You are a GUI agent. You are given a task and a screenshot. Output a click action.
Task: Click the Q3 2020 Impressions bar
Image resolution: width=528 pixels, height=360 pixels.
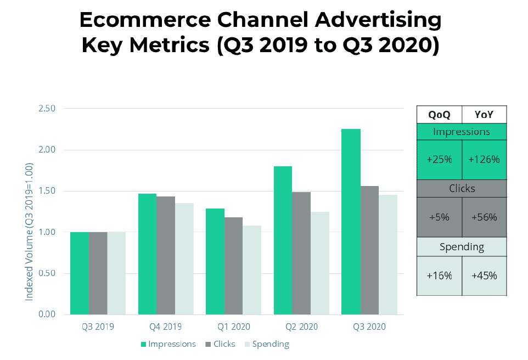coord(350,222)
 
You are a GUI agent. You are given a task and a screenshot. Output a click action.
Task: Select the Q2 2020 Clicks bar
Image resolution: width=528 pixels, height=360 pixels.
coord(301,253)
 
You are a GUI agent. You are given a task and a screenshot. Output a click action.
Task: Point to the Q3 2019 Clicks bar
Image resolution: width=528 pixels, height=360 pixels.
coord(98,273)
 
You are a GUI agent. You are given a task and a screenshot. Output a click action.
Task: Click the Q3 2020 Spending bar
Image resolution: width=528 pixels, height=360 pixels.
coord(387,255)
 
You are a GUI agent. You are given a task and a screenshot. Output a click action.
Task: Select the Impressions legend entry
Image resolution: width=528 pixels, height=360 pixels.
coord(168,344)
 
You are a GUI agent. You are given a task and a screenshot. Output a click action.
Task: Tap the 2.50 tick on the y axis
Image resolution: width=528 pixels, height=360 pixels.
coord(47,109)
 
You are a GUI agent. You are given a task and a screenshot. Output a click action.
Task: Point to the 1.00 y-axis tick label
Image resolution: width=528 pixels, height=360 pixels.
coord(47,232)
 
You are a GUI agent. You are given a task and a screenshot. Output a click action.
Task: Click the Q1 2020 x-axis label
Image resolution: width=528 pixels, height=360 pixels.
coord(233,327)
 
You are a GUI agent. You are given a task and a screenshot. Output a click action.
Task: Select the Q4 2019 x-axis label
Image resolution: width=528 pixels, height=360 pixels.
coord(165,327)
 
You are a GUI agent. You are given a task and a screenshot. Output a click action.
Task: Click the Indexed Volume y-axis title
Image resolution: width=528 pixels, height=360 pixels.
coord(29,231)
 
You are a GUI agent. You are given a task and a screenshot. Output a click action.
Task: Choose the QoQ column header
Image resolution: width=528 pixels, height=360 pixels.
coord(439,115)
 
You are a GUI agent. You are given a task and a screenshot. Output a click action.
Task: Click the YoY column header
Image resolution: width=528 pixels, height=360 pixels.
coord(484,115)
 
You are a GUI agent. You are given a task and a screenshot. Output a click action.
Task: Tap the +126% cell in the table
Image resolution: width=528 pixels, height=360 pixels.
coord(484,160)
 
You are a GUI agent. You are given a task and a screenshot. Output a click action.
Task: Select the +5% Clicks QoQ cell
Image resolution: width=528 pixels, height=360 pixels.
coord(439,217)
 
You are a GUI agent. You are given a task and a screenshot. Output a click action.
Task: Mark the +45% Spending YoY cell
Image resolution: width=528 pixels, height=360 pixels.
coord(484,275)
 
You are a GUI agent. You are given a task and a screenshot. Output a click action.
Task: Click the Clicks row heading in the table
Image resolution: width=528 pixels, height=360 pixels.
coord(462,188)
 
